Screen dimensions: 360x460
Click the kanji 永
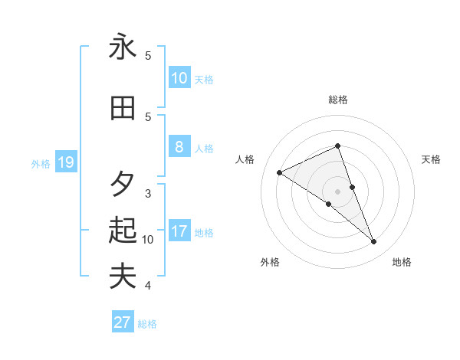tap(123, 47)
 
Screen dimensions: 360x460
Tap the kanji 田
tap(123, 109)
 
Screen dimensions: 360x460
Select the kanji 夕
tap(123, 183)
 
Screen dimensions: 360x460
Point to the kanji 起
tap(123, 230)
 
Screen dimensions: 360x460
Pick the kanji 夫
tap(123, 276)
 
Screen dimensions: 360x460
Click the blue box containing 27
tap(123, 322)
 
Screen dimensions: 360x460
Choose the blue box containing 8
tap(179, 147)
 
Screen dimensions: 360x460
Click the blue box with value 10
tap(179, 77)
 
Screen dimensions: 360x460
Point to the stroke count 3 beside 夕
tap(148, 193)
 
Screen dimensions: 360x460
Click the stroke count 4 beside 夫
tap(148, 286)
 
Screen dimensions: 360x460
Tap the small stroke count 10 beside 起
tap(148, 240)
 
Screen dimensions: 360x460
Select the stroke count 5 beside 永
tap(148, 56)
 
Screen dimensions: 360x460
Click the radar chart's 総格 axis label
tap(338, 100)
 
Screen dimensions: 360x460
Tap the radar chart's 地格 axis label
tap(402, 263)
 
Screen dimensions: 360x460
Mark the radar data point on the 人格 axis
tap(280, 173)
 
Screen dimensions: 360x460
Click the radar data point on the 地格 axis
tap(374, 242)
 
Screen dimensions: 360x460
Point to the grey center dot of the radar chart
tap(337, 191)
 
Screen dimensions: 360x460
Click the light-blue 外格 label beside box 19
tap(41, 163)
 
